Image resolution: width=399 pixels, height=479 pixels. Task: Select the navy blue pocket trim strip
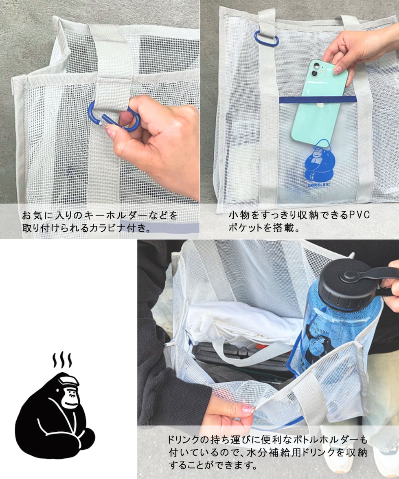pos(318,99)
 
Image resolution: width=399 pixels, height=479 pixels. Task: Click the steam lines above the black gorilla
pos(62,360)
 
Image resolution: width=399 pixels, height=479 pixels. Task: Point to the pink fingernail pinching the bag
pos(248,409)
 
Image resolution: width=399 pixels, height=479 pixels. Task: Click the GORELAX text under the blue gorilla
pos(318,185)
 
